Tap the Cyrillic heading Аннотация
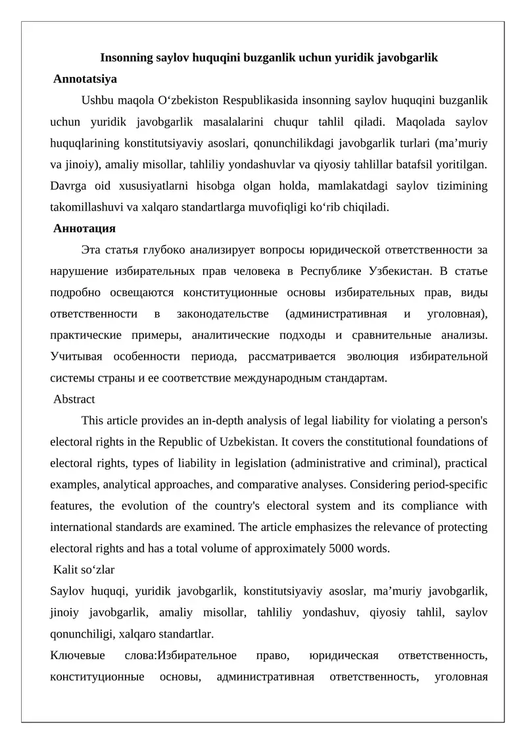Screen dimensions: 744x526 (85, 229)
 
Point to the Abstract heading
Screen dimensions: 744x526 (74, 399)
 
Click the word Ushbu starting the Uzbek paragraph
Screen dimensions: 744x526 (97, 101)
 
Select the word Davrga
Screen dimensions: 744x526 (68, 186)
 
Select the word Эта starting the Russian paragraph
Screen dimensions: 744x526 (91, 250)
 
